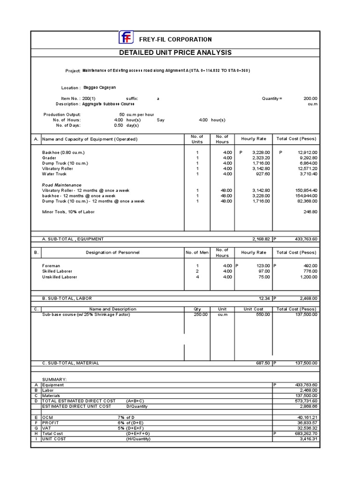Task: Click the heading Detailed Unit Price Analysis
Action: coord(175,52)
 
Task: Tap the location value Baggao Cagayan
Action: coord(99,87)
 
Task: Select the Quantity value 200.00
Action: coord(310,98)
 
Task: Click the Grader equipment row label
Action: coord(49,158)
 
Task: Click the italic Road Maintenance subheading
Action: coord(61,185)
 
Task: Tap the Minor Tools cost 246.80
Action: coord(309,211)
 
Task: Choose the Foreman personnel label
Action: coord(51,266)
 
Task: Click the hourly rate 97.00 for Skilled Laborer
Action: coord(264,271)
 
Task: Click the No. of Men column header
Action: coord(197,252)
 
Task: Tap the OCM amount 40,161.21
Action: coord(307,417)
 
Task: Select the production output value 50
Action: coord(122,114)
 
